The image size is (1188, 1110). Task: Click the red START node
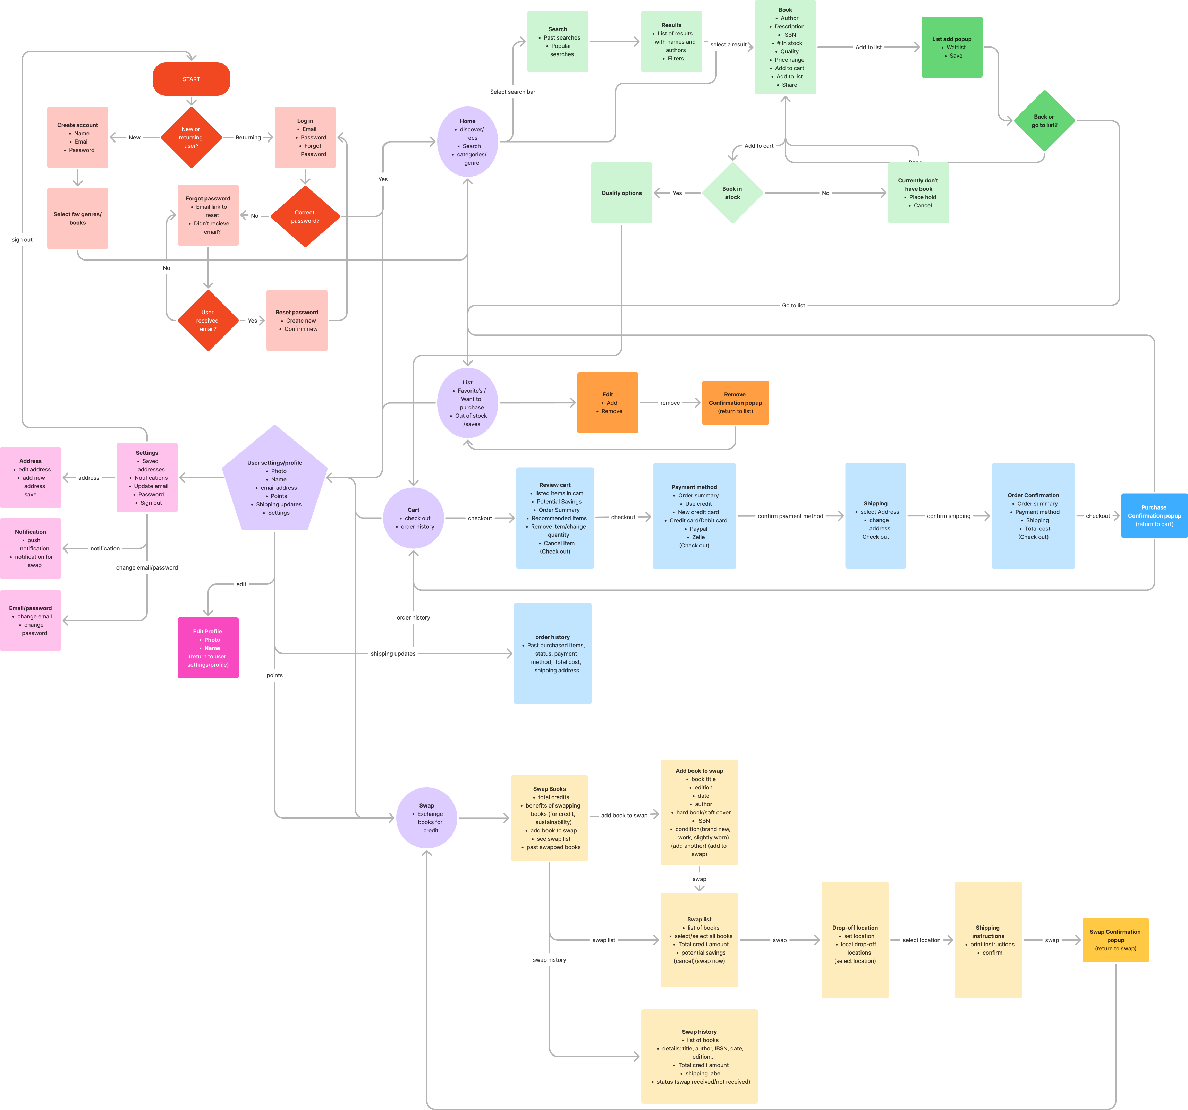click(x=191, y=79)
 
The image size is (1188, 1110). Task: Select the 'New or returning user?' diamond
click(x=191, y=137)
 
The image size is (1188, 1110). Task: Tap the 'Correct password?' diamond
click(x=305, y=216)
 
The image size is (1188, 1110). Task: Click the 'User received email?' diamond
click(x=207, y=321)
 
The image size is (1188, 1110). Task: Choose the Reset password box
click(x=296, y=320)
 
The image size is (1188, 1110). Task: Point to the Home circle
click(x=468, y=142)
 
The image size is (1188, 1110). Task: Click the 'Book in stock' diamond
click(x=733, y=193)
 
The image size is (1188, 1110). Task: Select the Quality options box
click(x=621, y=193)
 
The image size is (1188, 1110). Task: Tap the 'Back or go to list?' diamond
click(x=1044, y=121)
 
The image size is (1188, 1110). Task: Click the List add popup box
click(x=951, y=47)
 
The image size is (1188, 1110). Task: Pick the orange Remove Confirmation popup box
click(x=735, y=403)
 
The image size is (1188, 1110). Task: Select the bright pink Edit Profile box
click(x=208, y=648)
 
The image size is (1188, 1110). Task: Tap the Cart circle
click(x=414, y=518)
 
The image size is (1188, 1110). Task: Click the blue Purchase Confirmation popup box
click(x=1154, y=515)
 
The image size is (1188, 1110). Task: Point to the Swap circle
click(x=427, y=818)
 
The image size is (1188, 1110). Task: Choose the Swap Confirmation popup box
click(x=1115, y=940)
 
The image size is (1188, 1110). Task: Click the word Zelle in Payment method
click(x=698, y=537)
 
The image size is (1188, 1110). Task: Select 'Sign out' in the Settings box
click(x=151, y=503)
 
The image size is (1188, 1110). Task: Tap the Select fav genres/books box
click(x=78, y=218)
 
